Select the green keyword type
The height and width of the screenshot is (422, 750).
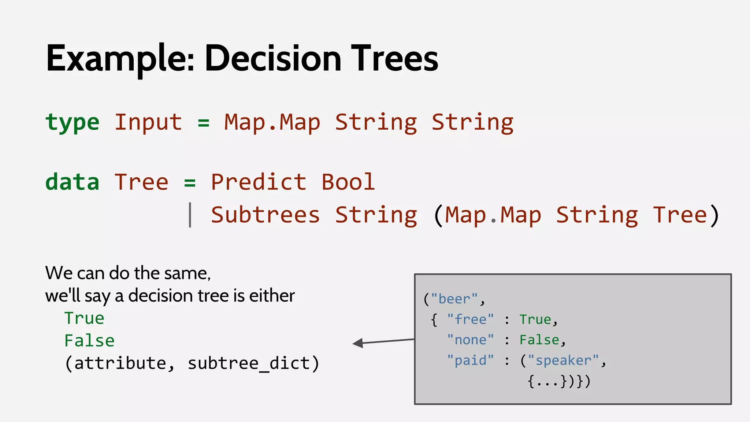73,122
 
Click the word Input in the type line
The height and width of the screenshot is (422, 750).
148,122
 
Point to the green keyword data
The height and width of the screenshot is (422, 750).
73,182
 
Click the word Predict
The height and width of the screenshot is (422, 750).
259,182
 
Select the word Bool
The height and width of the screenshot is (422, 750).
348,182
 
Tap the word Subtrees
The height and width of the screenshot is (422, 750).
266,215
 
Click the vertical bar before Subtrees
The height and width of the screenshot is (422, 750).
190,215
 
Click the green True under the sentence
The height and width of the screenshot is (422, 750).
85,318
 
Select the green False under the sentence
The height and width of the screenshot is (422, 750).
90,341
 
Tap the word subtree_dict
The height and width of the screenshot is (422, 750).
249,363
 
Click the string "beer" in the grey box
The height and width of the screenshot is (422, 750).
454,299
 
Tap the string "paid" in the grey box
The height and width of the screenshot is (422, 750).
471,361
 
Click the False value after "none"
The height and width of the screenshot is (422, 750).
539,340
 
